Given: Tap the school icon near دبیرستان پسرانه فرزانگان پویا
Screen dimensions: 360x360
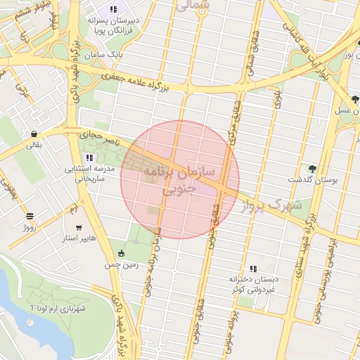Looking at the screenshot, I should (112, 10).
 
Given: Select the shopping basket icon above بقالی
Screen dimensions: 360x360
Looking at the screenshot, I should (34, 134).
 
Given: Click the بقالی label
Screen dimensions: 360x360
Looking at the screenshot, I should (34, 146).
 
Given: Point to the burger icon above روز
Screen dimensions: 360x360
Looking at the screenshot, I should (30, 217).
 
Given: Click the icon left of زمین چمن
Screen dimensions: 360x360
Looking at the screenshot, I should (122, 253).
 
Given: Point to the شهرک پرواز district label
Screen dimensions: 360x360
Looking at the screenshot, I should (270, 206).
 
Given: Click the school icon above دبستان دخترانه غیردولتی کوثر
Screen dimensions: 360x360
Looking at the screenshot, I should (253, 268).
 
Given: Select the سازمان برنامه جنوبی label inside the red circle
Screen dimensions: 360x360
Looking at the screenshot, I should (179, 180).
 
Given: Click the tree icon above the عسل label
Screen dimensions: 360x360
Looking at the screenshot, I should (354, 99).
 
